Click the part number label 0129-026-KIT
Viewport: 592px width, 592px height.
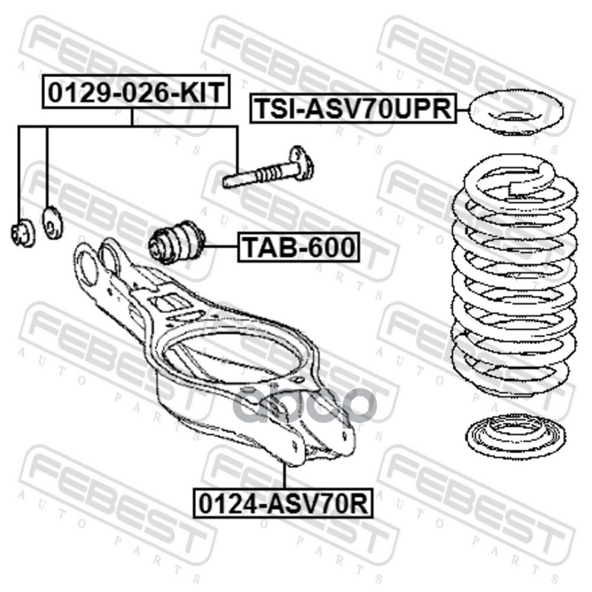[136, 92]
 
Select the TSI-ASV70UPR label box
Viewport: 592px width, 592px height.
[354, 109]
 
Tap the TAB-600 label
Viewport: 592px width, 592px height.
[298, 247]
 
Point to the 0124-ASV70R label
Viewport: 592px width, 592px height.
[283, 503]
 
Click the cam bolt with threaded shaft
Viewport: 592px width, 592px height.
[269, 169]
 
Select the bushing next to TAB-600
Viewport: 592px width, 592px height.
[177, 243]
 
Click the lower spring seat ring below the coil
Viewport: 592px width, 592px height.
[515, 435]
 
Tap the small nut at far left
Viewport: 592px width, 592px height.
[22, 233]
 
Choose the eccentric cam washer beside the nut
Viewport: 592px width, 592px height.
[53, 223]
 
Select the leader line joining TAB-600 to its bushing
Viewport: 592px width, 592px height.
[221, 246]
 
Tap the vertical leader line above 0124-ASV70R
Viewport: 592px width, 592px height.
[283, 476]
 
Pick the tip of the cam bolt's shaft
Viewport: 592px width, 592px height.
[225, 183]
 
